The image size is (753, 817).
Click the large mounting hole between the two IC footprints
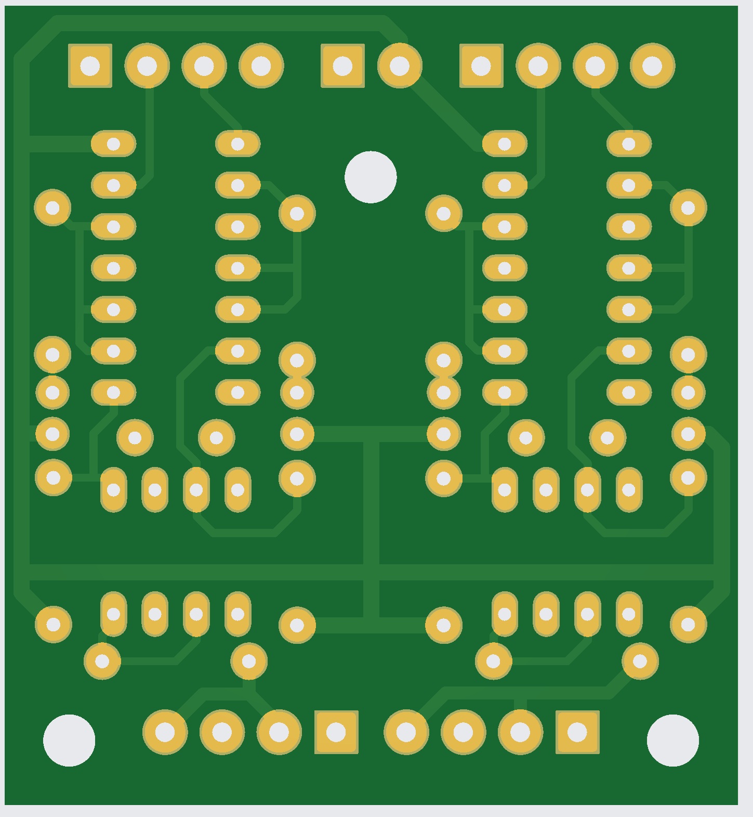pyautogui.click(x=371, y=177)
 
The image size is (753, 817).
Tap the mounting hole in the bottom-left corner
pyautogui.click(x=69, y=740)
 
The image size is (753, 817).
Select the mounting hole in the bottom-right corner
pyautogui.click(x=672, y=740)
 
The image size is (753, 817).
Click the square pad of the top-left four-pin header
pyautogui.click(x=90, y=66)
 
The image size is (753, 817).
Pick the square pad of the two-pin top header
pyautogui.click(x=342, y=66)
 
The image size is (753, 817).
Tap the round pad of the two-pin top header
pyautogui.click(x=400, y=66)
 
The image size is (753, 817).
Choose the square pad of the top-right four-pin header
pyautogui.click(x=481, y=66)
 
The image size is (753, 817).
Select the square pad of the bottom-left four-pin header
pyautogui.click(x=336, y=732)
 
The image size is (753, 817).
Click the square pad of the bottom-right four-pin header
pyautogui.click(x=577, y=732)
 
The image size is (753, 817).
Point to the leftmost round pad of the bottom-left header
pyautogui.click(x=165, y=732)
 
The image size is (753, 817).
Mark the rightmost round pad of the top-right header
pyautogui.click(x=652, y=66)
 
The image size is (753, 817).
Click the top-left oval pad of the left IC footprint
pyautogui.click(x=113, y=144)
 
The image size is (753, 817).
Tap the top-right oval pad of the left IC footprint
pyautogui.click(x=237, y=144)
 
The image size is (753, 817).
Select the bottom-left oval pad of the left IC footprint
pyautogui.click(x=113, y=393)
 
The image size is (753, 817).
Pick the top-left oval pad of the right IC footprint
pyautogui.click(x=505, y=144)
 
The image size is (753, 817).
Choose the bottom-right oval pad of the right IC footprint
pyautogui.click(x=629, y=393)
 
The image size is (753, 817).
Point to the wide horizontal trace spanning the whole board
pyautogui.click(x=208, y=572)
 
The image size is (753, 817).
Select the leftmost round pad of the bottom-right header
pyautogui.click(x=406, y=732)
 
